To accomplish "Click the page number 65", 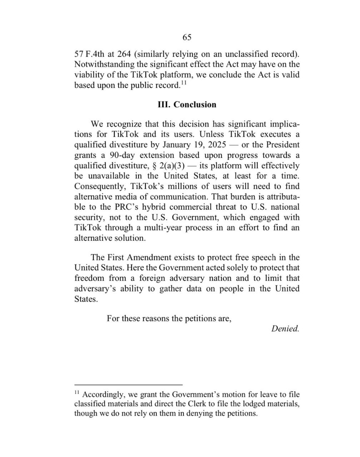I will [187, 37].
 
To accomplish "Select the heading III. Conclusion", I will [187, 105].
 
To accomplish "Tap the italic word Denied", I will [285, 329].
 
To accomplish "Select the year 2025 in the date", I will [216, 145].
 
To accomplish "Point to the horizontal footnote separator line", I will [129, 385].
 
